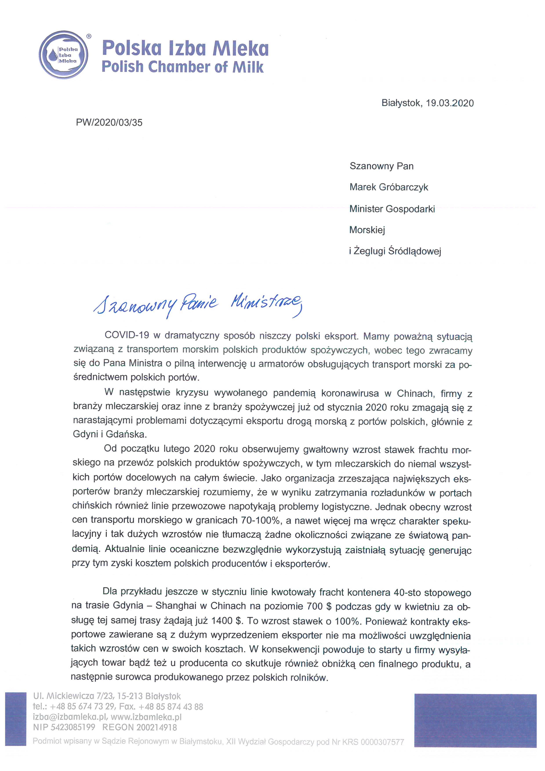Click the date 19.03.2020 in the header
coord(450,103)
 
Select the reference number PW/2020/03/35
coord(109,123)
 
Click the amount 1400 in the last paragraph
coord(222,621)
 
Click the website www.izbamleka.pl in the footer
coord(146,717)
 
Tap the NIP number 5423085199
coord(73,728)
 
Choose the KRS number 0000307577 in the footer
coord(382,742)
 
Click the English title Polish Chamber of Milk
coord(182,67)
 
